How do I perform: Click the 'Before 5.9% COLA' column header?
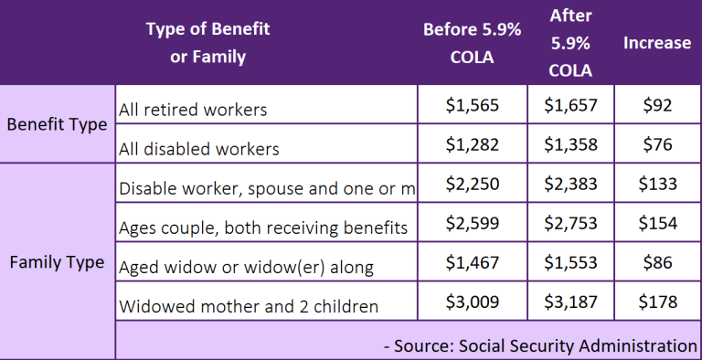tap(472, 43)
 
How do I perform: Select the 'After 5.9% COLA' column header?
tap(571, 43)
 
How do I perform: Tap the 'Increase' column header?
tap(656, 43)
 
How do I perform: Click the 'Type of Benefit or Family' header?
tap(207, 43)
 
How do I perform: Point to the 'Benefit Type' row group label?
tap(57, 125)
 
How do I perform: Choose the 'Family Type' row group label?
tap(57, 262)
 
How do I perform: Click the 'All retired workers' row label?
tap(193, 110)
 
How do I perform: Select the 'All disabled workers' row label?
tap(199, 147)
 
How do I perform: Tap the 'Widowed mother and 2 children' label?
tap(249, 306)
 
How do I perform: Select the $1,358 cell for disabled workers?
tap(571, 143)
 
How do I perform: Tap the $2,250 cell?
tap(472, 184)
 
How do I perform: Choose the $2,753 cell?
tap(571, 223)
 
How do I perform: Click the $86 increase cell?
tap(656, 262)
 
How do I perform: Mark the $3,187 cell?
tap(571, 302)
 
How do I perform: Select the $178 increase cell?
tap(656, 302)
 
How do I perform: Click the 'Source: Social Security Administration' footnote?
tap(540, 344)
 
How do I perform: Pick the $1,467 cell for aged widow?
tap(472, 262)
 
